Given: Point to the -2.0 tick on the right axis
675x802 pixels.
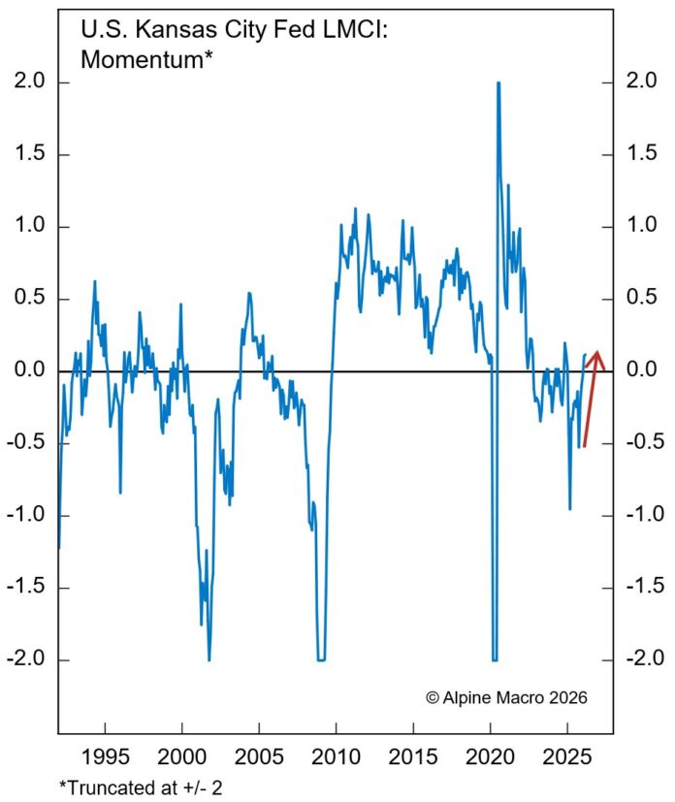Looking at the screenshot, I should (x=641, y=659).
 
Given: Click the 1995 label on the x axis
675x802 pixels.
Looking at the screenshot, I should (x=104, y=755).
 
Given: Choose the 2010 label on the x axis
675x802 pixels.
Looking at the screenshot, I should (x=337, y=755).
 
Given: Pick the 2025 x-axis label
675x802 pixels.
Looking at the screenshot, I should (x=568, y=755).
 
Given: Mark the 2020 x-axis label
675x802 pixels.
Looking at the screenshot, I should (x=491, y=755).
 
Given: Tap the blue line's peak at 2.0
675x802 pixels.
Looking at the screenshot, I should (x=498, y=83).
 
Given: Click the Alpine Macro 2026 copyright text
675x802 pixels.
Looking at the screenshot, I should (x=507, y=697).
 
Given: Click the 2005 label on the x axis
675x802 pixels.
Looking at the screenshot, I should (x=259, y=755).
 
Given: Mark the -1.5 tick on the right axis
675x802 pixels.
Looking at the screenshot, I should (x=641, y=588).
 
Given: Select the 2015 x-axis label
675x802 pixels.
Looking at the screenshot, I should (x=413, y=755).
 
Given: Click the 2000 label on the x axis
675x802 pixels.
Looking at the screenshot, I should (x=181, y=755).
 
